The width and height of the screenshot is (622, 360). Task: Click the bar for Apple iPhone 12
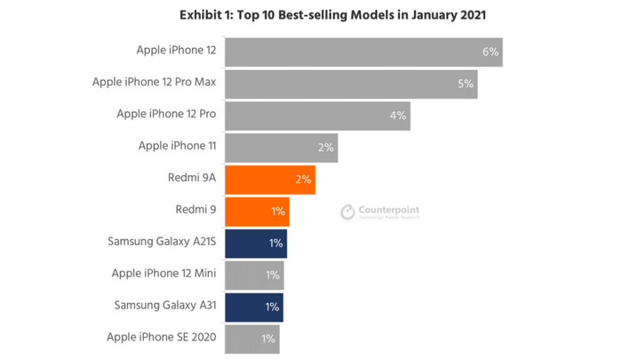point(363,52)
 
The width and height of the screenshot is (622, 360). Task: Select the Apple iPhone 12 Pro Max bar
point(351,84)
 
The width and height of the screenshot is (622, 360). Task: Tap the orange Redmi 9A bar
point(270,180)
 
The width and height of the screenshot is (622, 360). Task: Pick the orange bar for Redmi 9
point(257,212)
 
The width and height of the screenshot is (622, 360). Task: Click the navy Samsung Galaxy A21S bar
point(256,244)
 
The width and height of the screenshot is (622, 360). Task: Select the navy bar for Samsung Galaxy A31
point(254,307)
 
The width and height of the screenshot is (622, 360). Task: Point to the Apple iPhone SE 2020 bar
point(252,339)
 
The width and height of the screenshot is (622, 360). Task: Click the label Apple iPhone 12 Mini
point(164,274)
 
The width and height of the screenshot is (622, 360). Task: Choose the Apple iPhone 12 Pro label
point(167,115)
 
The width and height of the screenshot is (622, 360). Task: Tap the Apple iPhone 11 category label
point(178,147)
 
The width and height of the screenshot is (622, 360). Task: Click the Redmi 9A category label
point(191,179)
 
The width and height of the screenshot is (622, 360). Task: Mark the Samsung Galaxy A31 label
point(165,306)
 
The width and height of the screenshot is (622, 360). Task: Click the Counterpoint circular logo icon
point(347,212)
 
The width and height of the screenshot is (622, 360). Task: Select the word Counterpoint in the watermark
point(388,209)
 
